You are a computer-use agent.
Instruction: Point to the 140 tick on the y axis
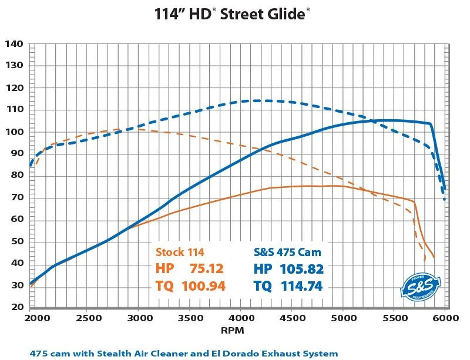click(x=14, y=44)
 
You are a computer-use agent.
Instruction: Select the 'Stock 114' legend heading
click(x=180, y=253)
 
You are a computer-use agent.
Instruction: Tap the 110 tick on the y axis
click(x=14, y=110)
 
